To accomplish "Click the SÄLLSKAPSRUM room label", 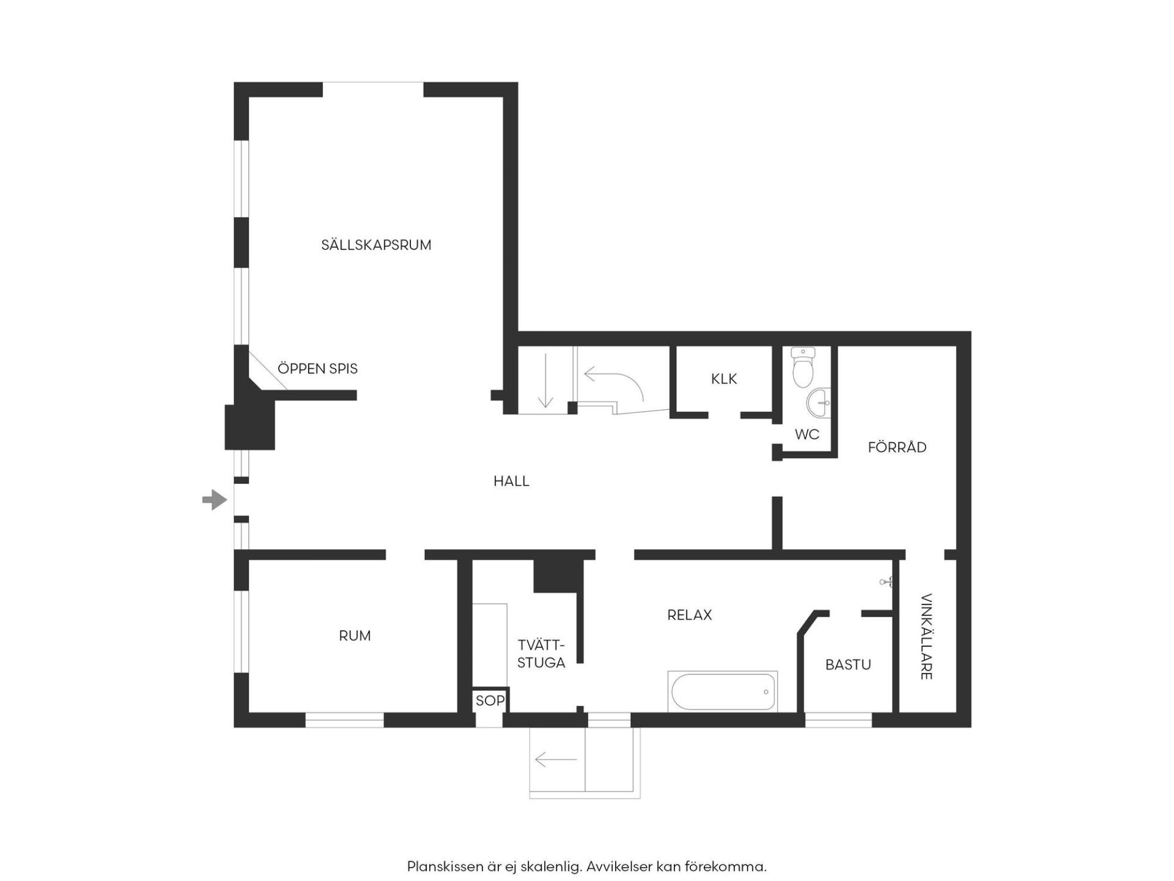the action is [x=376, y=244].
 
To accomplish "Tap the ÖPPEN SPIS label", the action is [x=318, y=368].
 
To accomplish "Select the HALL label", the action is [x=511, y=481].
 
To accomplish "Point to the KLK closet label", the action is [x=724, y=379].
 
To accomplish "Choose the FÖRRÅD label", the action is [x=897, y=447].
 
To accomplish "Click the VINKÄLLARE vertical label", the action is [x=926, y=637].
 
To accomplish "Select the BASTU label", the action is [x=848, y=664].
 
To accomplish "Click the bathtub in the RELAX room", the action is [x=723, y=691].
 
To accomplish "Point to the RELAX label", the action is [x=690, y=615].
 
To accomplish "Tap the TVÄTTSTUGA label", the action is [x=541, y=654].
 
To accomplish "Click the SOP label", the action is [x=490, y=700].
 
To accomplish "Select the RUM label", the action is [x=355, y=635].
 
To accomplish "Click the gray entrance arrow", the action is [x=214, y=500].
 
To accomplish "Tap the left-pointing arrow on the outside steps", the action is [x=556, y=760].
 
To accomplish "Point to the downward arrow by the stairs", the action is [x=545, y=380].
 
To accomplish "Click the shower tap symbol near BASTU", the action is [x=886, y=582].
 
